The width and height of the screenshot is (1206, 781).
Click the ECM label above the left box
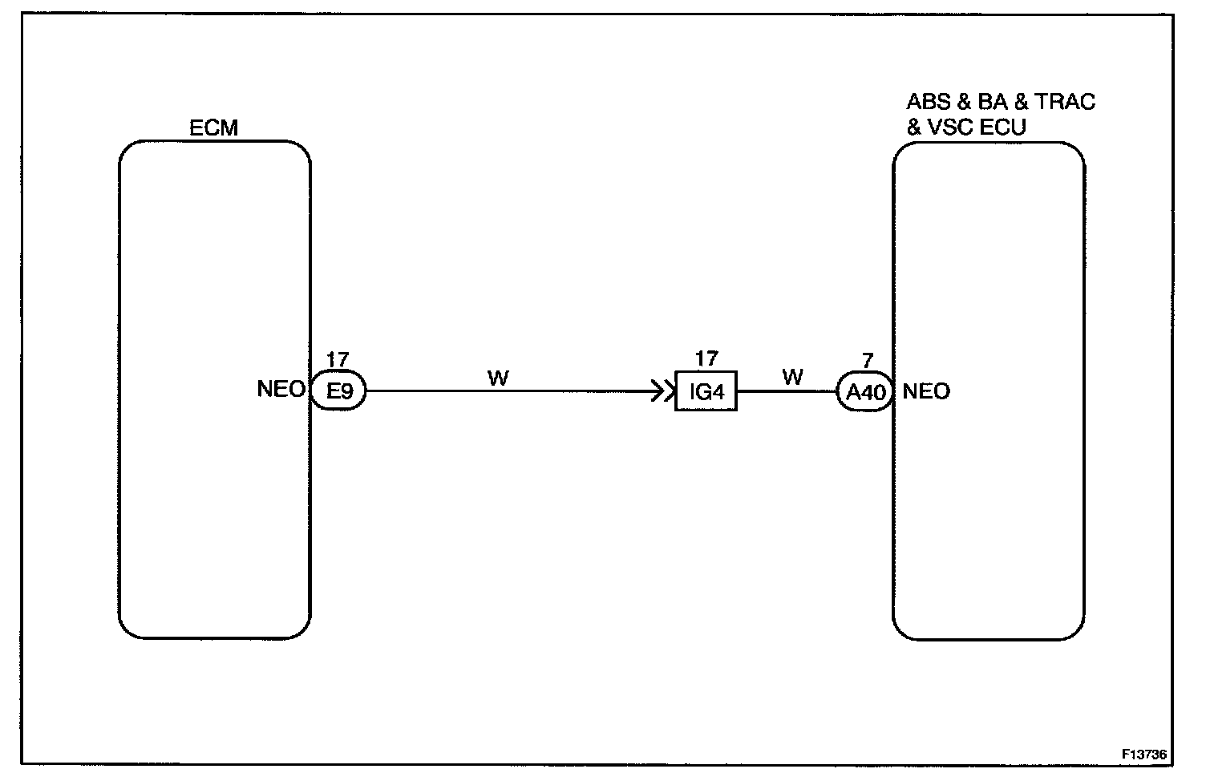click(213, 128)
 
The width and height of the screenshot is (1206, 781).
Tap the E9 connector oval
click(338, 391)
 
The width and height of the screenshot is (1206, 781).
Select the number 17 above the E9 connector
click(337, 361)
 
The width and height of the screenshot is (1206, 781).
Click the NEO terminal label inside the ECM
click(281, 390)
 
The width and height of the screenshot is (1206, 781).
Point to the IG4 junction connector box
click(706, 391)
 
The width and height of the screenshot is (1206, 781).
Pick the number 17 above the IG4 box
click(706, 358)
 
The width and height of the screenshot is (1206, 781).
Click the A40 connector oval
click(866, 393)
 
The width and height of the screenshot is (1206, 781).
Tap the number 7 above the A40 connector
click(868, 362)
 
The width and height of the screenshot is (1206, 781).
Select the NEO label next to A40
click(926, 391)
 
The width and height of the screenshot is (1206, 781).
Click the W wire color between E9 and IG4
click(497, 378)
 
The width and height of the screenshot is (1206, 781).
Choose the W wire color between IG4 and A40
click(792, 377)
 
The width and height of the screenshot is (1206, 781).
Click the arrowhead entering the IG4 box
click(665, 391)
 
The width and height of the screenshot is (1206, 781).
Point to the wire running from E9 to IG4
click(513, 391)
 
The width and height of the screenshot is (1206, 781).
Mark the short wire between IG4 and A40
click(786, 391)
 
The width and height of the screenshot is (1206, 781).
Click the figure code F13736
click(1144, 755)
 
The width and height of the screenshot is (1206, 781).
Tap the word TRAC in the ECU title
click(1065, 102)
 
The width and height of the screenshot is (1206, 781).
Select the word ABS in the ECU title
click(929, 102)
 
